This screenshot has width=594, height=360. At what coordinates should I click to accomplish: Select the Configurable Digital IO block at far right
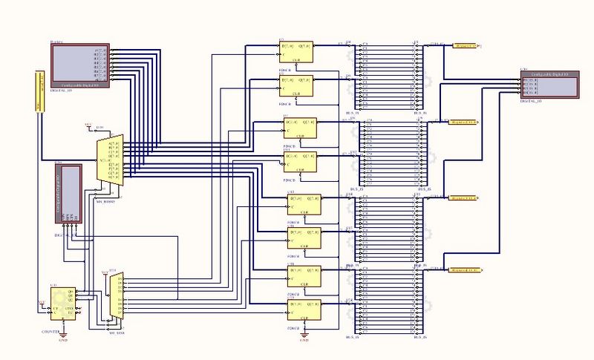549,83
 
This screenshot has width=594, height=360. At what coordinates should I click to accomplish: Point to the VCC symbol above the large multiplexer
88,124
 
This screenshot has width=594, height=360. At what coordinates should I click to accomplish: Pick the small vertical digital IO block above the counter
71,191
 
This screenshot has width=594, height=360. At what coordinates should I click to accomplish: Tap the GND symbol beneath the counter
63,338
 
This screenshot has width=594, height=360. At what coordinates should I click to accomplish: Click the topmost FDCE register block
296,51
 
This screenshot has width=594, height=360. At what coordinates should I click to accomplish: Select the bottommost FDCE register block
303,309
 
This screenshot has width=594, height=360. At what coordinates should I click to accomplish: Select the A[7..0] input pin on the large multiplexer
113,142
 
